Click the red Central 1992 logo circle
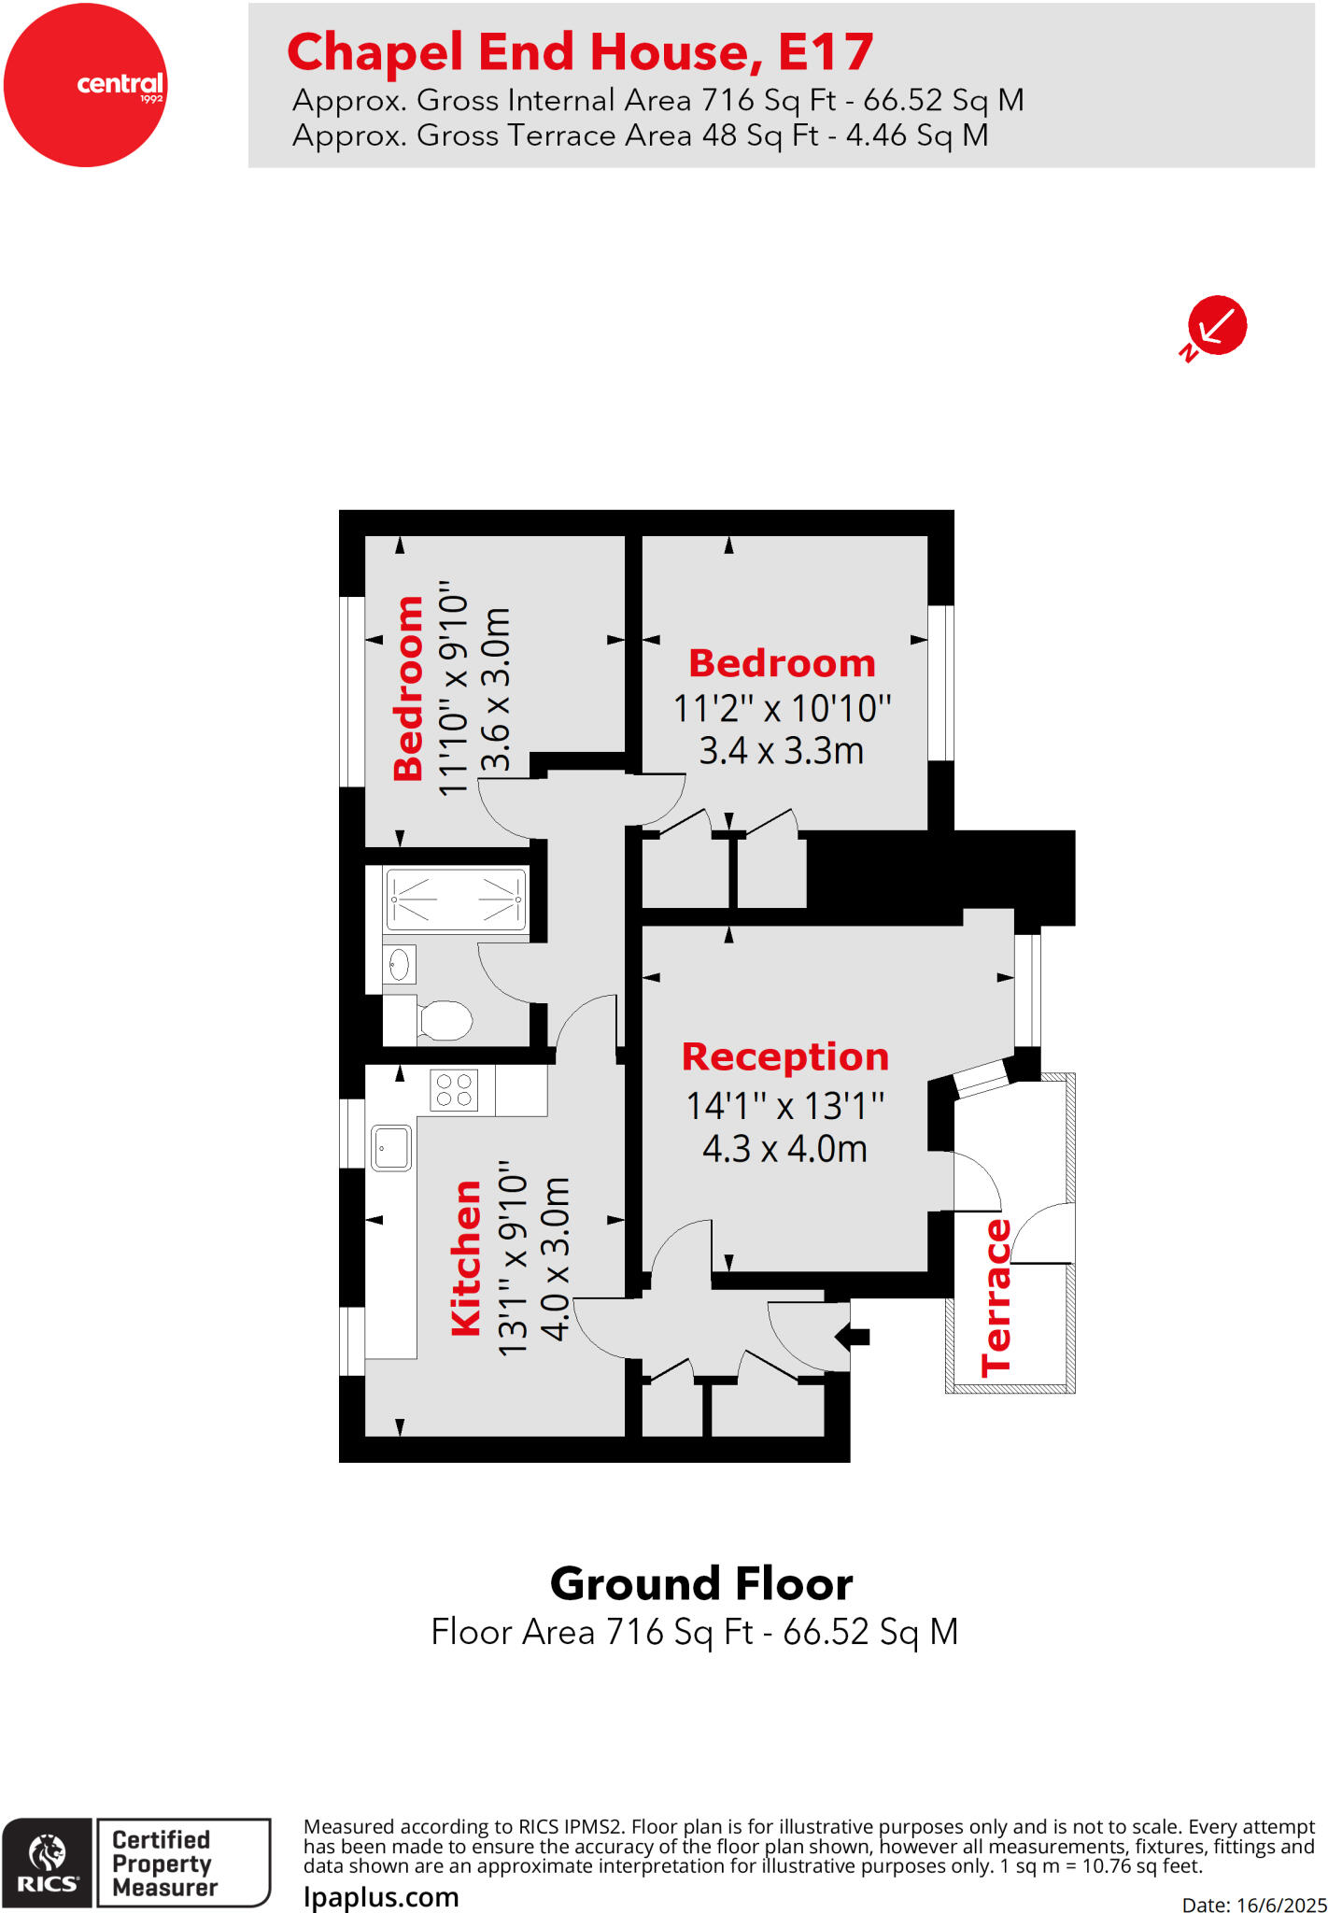(x=85, y=85)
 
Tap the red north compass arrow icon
(x=1216, y=326)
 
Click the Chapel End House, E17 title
(x=580, y=52)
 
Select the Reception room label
(x=784, y=1056)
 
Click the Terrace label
(x=996, y=1297)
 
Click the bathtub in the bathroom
(x=456, y=899)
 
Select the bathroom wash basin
(x=400, y=965)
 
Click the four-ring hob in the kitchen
(x=454, y=1090)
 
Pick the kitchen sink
(x=391, y=1148)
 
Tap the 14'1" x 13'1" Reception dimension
(x=784, y=1106)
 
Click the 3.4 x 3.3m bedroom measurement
(x=782, y=750)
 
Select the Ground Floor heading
(x=700, y=1584)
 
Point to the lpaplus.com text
(x=381, y=1897)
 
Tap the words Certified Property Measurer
(x=163, y=1863)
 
